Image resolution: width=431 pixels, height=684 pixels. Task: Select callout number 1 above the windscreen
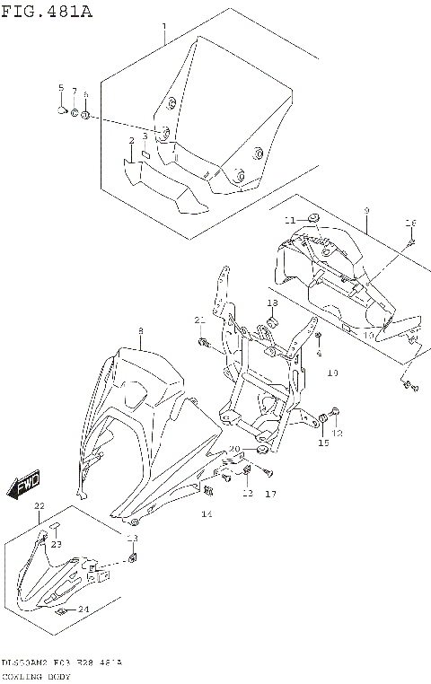(x=164, y=28)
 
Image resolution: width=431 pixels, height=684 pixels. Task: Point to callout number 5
(x=61, y=88)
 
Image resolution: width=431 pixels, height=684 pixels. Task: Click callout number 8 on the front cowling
(x=140, y=331)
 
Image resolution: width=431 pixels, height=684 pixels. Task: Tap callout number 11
(x=289, y=220)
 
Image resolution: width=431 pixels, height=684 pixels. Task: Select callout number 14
(x=207, y=514)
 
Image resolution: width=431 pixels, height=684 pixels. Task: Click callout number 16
(x=411, y=223)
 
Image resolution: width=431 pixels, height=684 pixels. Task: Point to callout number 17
(x=270, y=494)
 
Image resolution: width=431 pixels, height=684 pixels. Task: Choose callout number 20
(x=233, y=449)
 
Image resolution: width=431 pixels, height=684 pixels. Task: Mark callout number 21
(x=200, y=320)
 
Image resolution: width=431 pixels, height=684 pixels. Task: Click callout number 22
(x=39, y=507)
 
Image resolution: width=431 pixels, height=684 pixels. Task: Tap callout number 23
(x=57, y=544)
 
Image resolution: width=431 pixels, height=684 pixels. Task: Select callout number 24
(x=84, y=609)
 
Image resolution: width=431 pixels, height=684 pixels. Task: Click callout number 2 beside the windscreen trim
(x=131, y=141)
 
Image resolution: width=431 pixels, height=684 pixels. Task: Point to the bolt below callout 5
(x=61, y=110)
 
